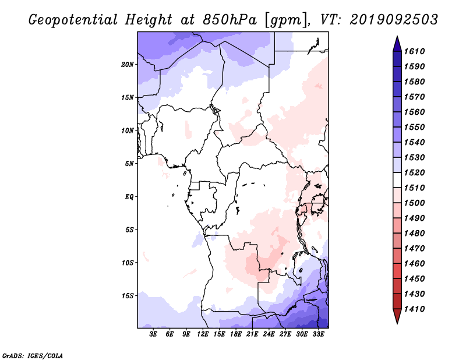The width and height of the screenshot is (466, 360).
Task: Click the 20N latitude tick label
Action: [128, 65]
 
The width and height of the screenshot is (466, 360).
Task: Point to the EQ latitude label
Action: [129, 197]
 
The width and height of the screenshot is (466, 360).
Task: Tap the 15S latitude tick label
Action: [128, 296]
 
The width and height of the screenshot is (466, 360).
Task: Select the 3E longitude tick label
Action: [153, 334]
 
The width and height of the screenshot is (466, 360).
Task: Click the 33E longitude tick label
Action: [318, 334]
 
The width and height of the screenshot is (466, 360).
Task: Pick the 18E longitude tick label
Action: [236, 334]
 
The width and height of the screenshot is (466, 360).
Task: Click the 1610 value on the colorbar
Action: [415, 51]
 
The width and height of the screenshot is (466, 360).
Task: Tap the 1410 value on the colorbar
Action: [415, 309]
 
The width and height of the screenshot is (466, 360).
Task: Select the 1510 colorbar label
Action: [415, 188]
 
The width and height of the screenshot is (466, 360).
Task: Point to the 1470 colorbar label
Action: [415, 249]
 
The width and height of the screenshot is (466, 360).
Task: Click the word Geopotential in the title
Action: [73, 20]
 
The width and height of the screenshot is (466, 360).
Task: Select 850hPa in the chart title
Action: [230, 20]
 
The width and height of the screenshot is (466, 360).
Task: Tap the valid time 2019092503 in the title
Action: [394, 20]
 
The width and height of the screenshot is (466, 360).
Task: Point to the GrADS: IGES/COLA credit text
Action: [33, 355]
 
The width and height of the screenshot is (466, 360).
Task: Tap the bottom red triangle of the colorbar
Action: [397, 316]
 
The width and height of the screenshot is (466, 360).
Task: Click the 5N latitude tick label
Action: [129, 164]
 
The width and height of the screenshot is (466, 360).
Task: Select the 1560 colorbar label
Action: [415, 112]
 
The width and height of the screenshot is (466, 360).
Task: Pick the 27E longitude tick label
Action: [285, 334]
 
